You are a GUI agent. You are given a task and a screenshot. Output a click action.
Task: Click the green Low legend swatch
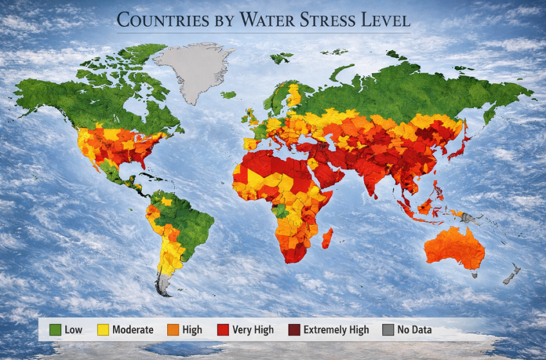(55, 330)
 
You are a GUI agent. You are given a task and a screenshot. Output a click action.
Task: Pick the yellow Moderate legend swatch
(103, 330)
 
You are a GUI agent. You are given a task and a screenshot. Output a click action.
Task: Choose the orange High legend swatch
(173, 330)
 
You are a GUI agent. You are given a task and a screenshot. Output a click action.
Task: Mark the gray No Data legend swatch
(387, 330)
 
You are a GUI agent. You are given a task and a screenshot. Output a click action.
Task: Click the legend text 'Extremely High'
(337, 330)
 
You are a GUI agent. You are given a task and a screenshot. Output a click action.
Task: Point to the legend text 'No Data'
(414, 330)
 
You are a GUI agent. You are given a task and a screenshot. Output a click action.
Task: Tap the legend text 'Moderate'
(133, 330)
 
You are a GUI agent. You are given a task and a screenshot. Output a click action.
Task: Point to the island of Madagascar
(327, 238)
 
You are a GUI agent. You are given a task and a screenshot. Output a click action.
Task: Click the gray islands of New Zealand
(511, 274)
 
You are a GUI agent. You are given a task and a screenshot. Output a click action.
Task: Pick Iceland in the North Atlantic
(228, 94)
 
